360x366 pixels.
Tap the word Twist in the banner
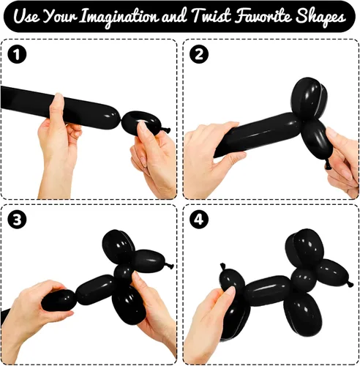(x=211, y=16)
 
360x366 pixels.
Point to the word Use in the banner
(x=26, y=17)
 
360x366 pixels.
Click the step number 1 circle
(x=17, y=54)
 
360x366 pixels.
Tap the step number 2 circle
(x=199, y=54)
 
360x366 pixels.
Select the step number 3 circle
(x=17, y=220)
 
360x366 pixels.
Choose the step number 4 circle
(x=199, y=220)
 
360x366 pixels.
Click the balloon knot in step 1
(x=167, y=130)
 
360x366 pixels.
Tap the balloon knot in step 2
(x=328, y=165)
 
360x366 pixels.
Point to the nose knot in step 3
(x=170, y=266)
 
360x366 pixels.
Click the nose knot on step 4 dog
(x=350, y=284)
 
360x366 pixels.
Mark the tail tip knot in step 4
(x=223, y=266)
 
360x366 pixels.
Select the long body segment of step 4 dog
(x=268, y=290)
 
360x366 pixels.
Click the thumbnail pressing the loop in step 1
(x=142, y=126)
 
